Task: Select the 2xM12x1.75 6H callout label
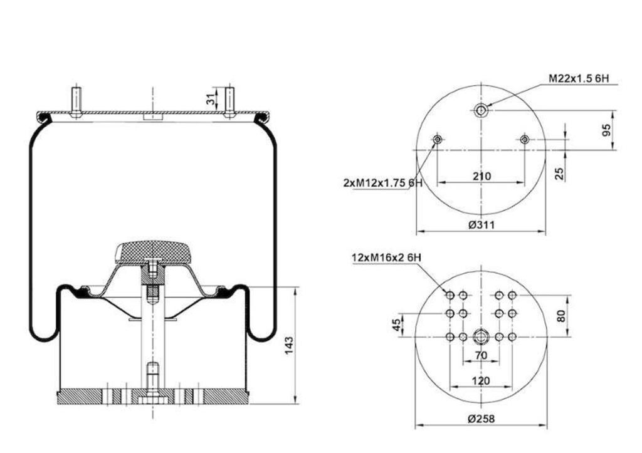click(x=382, y=183)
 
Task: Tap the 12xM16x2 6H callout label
click(x=386, y=258)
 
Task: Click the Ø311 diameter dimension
click(x=481, y=225)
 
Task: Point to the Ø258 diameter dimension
click(x=481, y=419)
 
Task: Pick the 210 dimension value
click(x=481, y=176)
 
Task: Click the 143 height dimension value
click(x=289, y=345)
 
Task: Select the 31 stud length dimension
click(x=210, y=98)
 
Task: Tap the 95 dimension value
click(x=606, y=130)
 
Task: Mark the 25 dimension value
click(x=559, y=174)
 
